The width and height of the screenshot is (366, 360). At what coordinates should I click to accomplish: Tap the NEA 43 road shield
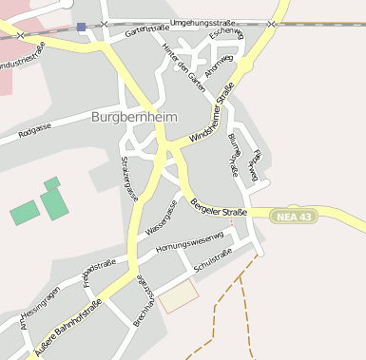[x=293, y=217]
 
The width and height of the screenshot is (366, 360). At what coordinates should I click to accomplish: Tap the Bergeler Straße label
[x=219, y=206]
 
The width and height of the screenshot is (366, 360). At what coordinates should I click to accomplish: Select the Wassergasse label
[x=162, y=218]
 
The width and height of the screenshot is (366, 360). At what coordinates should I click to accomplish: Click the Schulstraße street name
[x=213, y=267]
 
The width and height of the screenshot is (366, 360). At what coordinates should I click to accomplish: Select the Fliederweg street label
[x=252, y=163]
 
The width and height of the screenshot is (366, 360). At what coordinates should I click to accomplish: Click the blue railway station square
[x=82, y=28]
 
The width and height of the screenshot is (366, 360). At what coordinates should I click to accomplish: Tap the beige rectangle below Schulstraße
[x=179, y=297]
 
